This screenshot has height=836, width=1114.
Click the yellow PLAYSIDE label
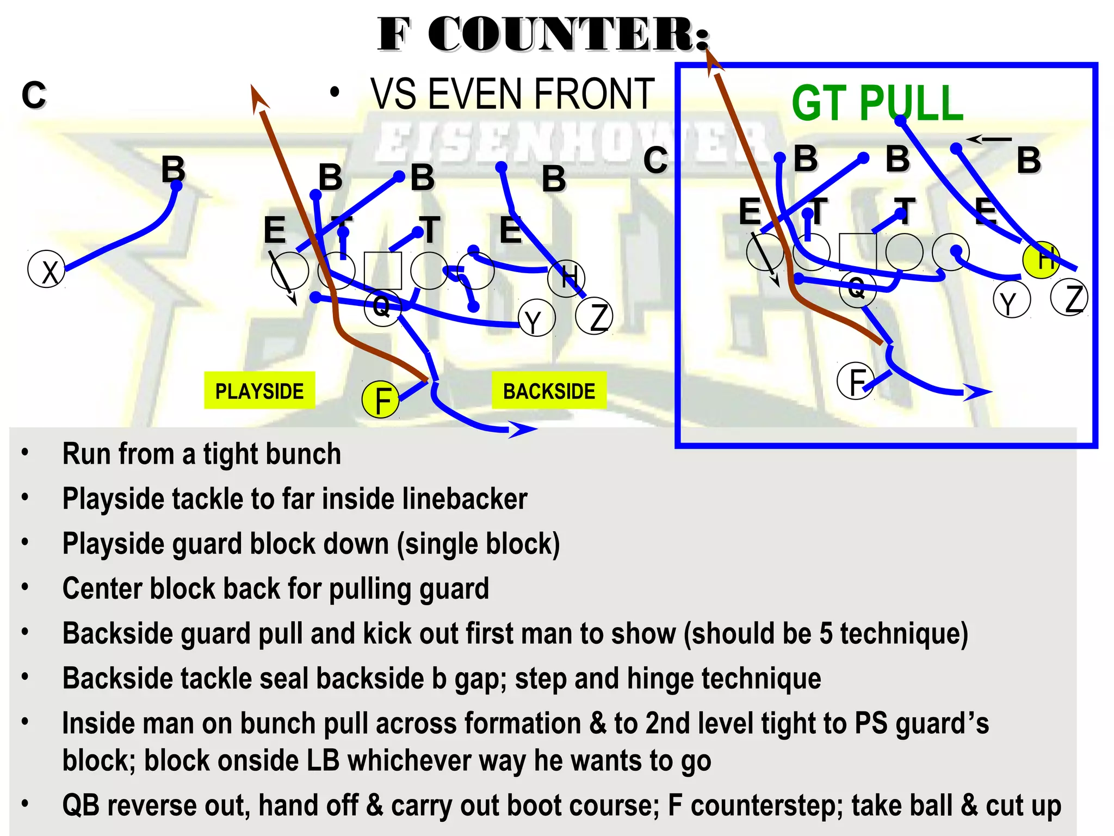click(259, 391)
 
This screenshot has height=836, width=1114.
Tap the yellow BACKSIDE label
click(549, 391)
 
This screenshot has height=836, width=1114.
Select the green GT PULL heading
click(877, 103)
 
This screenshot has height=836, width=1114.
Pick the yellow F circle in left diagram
click(381, 400)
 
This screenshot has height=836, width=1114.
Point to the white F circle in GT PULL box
click(856, 381)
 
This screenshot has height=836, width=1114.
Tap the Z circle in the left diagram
click(595, 317)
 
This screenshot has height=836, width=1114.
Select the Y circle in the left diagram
click(537, 319)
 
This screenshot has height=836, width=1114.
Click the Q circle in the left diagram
click(382, 308)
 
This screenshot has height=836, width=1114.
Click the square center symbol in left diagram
click(382, 271)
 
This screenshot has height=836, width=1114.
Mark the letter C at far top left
click(34, 95)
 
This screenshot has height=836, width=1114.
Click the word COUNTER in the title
click(568, 35)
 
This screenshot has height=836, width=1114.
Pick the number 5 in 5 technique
click(825, 634)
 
